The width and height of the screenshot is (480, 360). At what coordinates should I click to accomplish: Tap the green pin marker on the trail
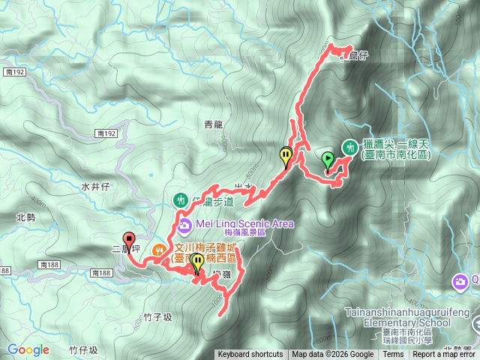[x=328, y=159]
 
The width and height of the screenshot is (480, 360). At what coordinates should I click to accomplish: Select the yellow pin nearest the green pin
[x=286, y=156]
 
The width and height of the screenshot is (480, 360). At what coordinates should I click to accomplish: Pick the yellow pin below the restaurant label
[x=197, y=263]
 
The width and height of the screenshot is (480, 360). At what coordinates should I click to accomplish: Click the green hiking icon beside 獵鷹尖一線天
[x=349, y=147]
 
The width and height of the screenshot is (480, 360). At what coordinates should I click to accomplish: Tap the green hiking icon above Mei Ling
[x=181, y=200]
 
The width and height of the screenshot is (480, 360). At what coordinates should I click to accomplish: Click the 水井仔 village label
[x=95, y=186]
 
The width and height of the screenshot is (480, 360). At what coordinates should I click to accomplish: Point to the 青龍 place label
[x=213, y=124]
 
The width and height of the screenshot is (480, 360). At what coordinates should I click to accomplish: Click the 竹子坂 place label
[x=156, y=317]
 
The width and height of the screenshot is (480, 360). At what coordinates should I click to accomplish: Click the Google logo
[x=28, y=349]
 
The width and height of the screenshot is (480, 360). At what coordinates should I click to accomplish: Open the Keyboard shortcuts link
[x=250, y=355]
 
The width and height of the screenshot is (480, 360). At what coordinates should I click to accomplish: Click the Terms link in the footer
[x=393, y=355]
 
